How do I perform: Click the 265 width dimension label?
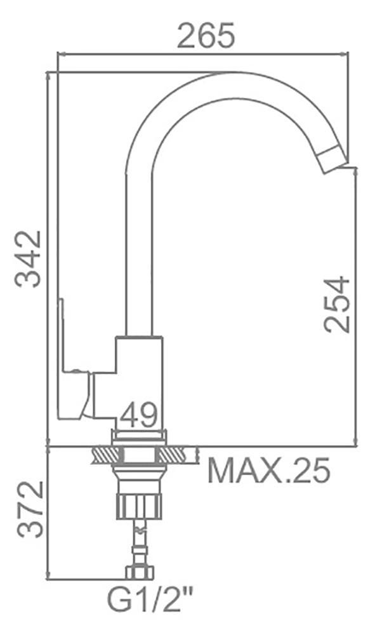tap(206, 35)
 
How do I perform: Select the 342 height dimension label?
tap(28, 258)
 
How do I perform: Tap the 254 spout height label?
tap(336, 304)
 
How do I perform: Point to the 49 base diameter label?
tap(138, 415)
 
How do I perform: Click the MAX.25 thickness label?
tap(268, 471)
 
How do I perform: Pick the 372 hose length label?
tap(30, 509)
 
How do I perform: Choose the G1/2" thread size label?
tap(149, 601)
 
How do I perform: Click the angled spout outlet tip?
tap(333, 161)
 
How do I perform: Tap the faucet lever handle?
tap(75, 361)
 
